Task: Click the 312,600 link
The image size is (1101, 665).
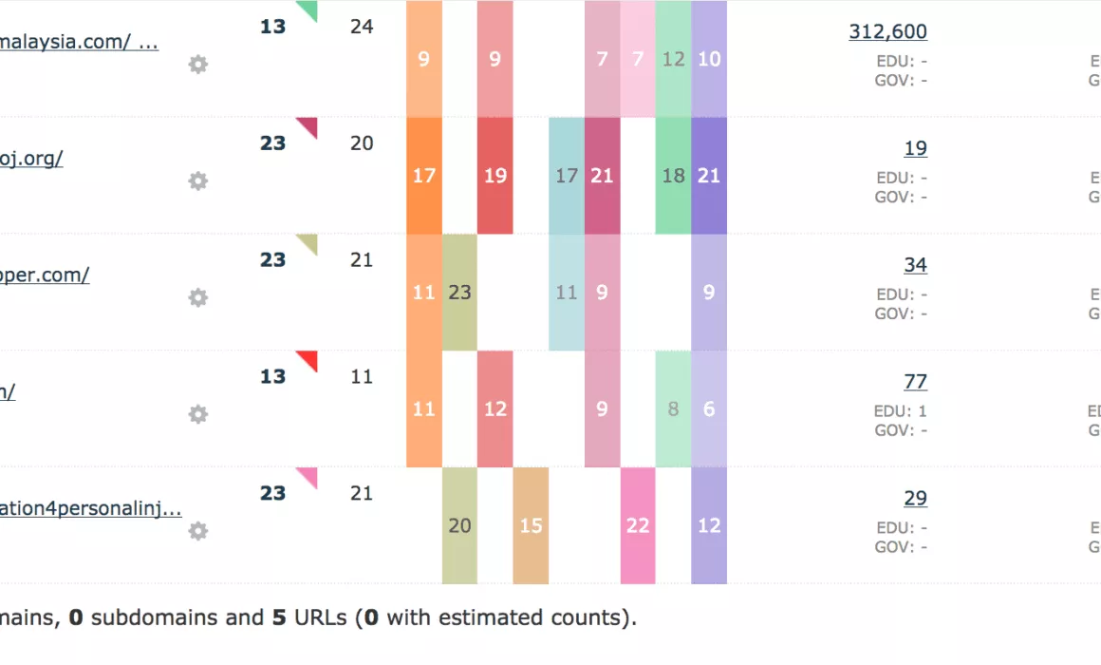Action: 887,31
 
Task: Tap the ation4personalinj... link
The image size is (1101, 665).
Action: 90,508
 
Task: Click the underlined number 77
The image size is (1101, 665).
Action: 915,382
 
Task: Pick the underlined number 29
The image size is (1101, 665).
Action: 915,499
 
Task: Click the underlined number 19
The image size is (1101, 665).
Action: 915,148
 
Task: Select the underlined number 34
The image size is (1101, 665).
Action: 915,265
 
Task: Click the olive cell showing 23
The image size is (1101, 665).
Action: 459,293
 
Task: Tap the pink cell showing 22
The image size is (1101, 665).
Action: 638,525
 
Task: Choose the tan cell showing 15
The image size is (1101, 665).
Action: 531,525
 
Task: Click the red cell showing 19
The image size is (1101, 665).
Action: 495,176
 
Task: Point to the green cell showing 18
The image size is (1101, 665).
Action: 673,176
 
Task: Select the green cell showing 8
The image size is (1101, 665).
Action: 673,409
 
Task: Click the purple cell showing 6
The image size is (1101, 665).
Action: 709,409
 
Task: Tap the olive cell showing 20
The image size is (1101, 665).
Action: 459,525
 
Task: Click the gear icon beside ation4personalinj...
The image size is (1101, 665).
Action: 197,531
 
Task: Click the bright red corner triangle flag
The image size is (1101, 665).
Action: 308,359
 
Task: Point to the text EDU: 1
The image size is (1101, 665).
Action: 901,411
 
